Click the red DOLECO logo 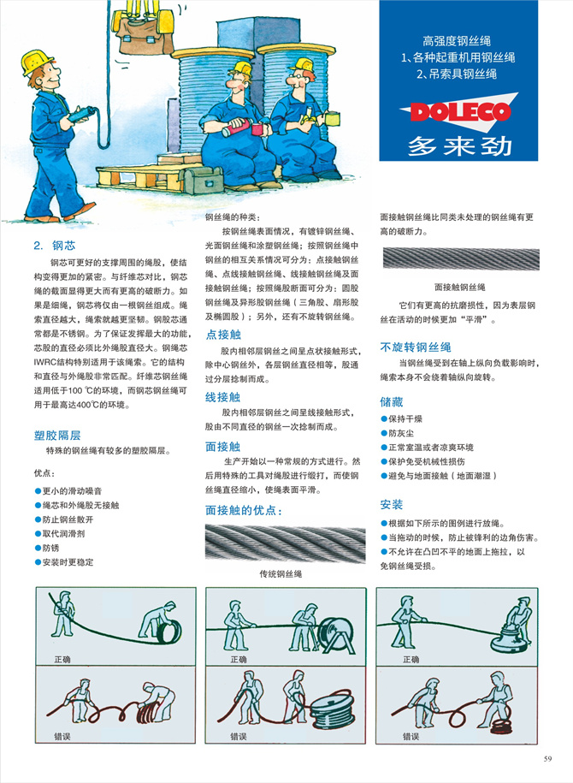(459, 111)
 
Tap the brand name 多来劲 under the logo (459, 145)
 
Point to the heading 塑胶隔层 (57, 434)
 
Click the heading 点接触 (223, 335)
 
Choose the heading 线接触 (223, 397)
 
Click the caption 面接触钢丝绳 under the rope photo (459, 287)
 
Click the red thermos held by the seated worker (239, 129)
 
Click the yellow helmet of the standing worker (37, 62)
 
